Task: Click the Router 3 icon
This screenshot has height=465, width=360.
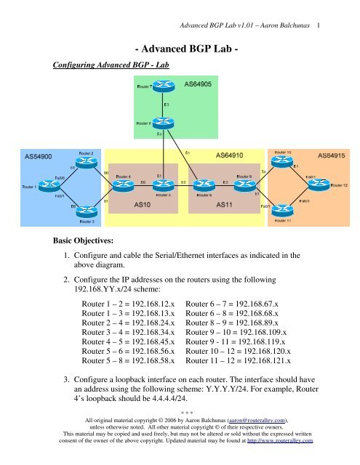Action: pos(86,213)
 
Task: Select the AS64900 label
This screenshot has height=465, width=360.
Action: pos(38,155)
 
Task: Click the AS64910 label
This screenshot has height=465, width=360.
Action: pos(231,155)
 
